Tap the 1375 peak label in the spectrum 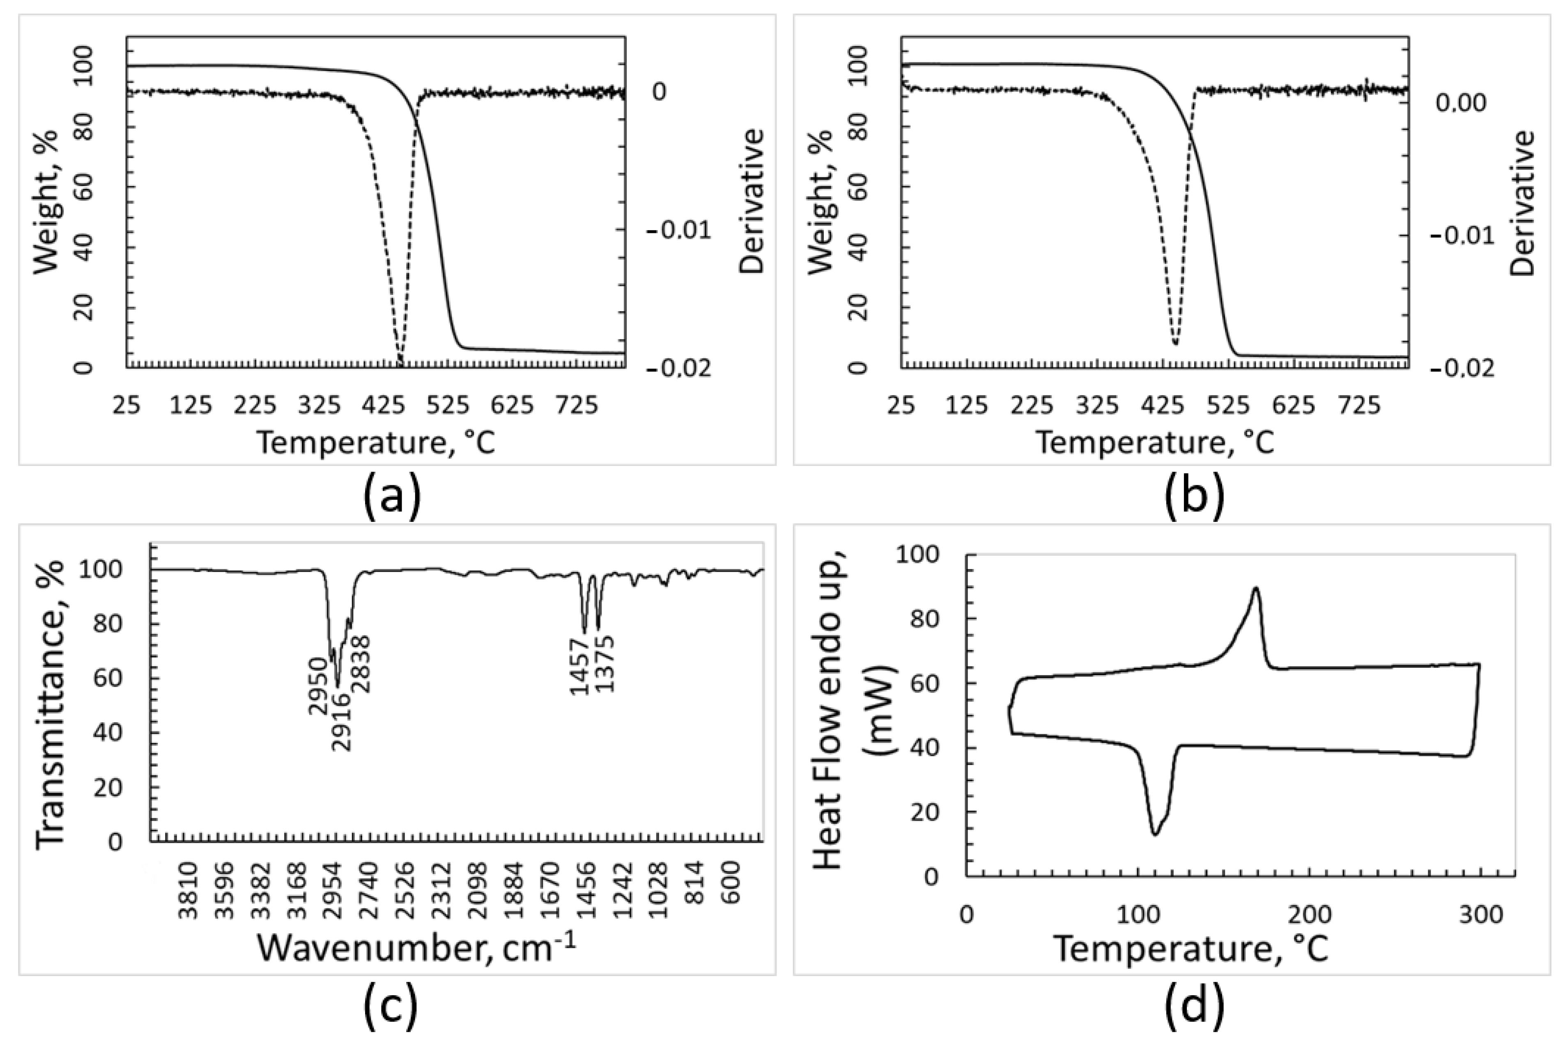tap(605, 664)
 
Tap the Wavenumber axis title tap(416, 947)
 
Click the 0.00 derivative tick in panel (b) tap(1463, 103)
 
